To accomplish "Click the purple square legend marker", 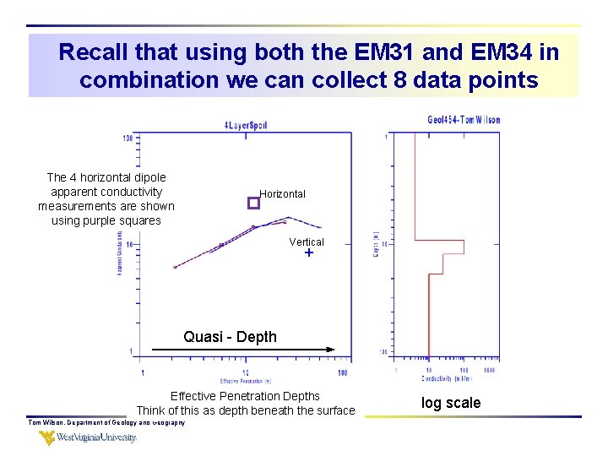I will [252, 204].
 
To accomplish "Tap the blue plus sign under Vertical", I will [309, 253].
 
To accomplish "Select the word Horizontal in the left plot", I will [282, 194].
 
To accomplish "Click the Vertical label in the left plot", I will [307, 242].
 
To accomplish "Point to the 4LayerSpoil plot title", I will [245, 125].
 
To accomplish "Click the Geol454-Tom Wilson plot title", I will [464, 119].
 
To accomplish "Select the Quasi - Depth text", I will [230, 337].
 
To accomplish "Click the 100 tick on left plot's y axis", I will [127, 138].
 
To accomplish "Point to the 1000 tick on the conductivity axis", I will [489, 370].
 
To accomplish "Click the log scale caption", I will [451, 403].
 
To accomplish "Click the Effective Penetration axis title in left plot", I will [245, 381].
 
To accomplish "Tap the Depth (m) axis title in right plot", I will [375, 245].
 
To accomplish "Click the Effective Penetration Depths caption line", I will [245, 396].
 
